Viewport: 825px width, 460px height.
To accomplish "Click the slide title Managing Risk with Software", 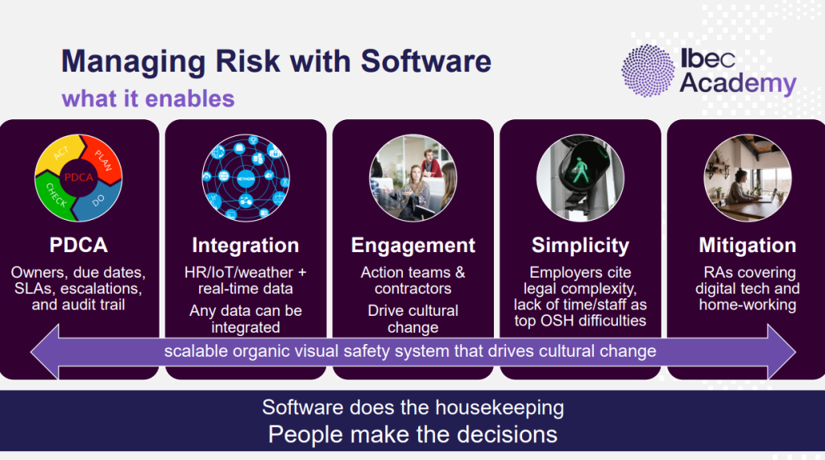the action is coord(276,61).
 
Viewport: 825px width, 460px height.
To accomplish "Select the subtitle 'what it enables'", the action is coord(148,98).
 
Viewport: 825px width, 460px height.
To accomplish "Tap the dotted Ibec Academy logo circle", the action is coord(647,71).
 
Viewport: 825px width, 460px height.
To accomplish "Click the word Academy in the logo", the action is coord(738,84).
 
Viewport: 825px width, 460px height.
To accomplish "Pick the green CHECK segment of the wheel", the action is coord(54,195).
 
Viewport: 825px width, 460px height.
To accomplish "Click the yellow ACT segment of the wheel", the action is coord(60,153).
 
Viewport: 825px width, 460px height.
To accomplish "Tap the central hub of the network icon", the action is coord(246,179).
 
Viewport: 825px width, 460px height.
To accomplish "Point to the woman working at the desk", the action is coord(741,187).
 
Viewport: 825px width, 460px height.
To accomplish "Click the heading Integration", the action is coord(245,245).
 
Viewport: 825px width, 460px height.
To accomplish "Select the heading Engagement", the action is coord(413,245).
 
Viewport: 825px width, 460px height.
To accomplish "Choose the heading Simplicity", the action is coord(580,245).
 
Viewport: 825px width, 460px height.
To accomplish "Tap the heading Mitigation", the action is coord(747,245).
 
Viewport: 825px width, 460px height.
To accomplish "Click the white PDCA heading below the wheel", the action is coord(78,245).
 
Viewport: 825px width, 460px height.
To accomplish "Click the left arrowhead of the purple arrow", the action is coord(45,351).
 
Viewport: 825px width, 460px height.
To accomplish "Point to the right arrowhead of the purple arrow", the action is coord(781,351).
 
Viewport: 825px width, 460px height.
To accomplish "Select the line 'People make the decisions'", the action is coord(412,435).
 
